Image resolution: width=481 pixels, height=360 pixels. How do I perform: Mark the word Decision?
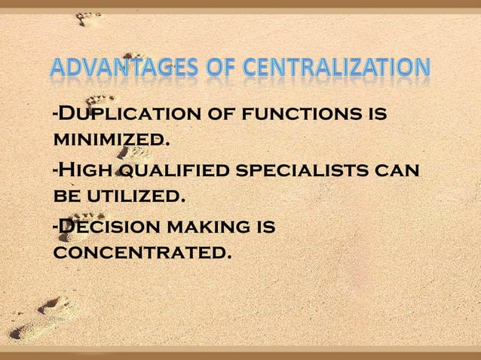(111, 227)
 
